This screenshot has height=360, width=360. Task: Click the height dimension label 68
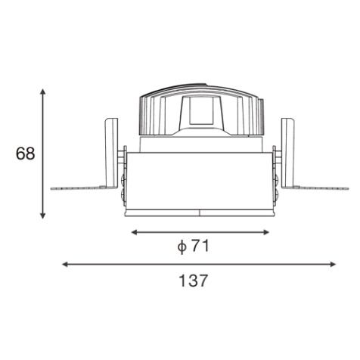click(x=25, y=154)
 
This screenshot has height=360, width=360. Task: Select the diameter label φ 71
click(x=193, y=246)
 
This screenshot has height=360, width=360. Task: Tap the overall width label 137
click(x=193, y=281)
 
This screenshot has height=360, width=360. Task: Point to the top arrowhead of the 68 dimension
click(x=43, y=92)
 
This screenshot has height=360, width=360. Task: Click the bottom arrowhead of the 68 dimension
click(x=43, y=216)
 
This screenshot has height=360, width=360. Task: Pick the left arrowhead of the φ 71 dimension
click(x=134, y=232)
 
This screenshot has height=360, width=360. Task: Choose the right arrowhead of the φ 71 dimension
click(x=266, y=232)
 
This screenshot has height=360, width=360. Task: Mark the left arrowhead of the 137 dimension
click(x=65, y=265)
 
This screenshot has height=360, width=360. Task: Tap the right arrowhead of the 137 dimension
click(x=333, y=265)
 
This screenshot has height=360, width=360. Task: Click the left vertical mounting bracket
click(x=111, y=154)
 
